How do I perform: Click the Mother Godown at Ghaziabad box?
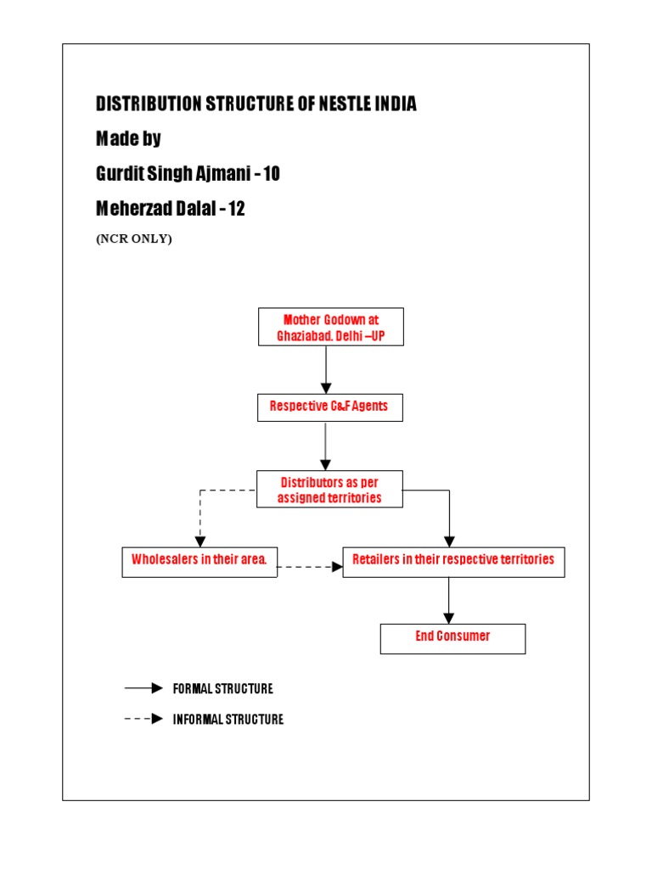tap(330, 327)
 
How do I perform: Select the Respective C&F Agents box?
tap(329, 406)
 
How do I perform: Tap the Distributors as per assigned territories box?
tap(329, 490)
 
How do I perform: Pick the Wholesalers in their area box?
tap(200, 562)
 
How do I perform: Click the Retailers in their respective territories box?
tap(453, 562)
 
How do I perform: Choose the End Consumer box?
tap(452, 638)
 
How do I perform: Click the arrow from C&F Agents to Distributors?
tap(326, 446)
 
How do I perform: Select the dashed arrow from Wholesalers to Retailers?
tap(310, 567)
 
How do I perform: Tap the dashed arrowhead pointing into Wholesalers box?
tap(200, 541)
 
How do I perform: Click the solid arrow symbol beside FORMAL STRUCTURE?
tap(144, 688)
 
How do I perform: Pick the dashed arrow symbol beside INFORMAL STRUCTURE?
tap(144, 719)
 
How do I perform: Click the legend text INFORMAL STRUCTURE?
tap(228, 720)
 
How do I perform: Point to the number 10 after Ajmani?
tap(271, 174)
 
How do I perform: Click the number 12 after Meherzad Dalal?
tap(236, 209)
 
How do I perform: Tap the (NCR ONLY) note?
tap(134, 238)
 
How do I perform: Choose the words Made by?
tap(128, 139)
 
